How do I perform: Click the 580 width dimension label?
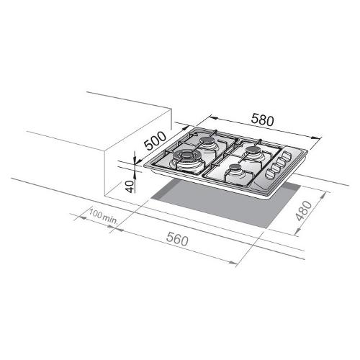point(262,120)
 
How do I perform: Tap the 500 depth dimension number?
point(156,140)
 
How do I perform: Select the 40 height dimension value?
point(130,186)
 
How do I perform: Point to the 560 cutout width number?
point(177,240)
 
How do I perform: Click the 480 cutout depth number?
point(304,211)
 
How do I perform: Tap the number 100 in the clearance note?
point(96,214)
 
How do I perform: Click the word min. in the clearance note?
point(110,220)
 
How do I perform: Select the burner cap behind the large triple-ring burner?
point(207,140)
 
